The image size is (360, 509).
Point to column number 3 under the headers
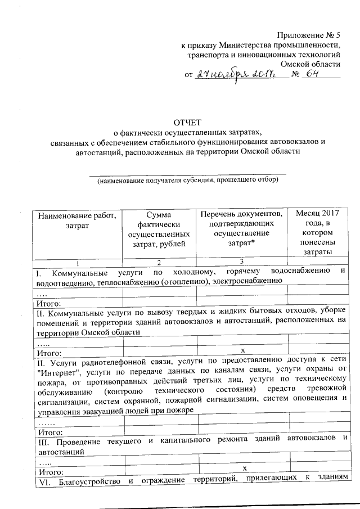pyautogui.click(x=241, y=262)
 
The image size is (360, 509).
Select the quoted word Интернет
pyautogui.click(x=58, y=369)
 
